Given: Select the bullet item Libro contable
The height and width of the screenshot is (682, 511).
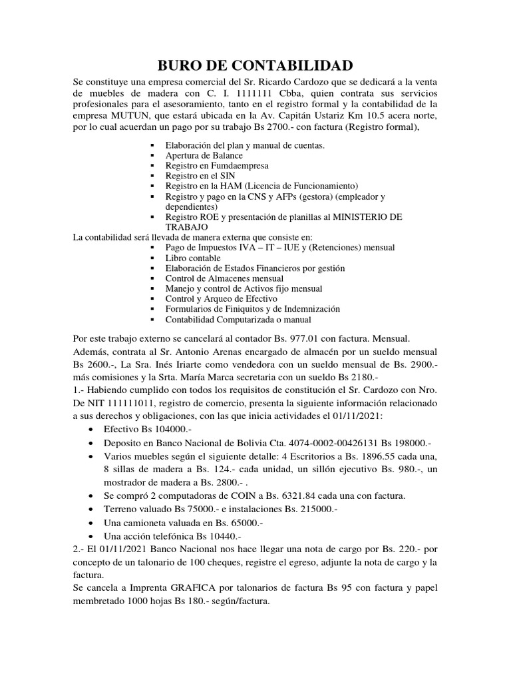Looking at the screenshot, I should click(192, 257).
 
